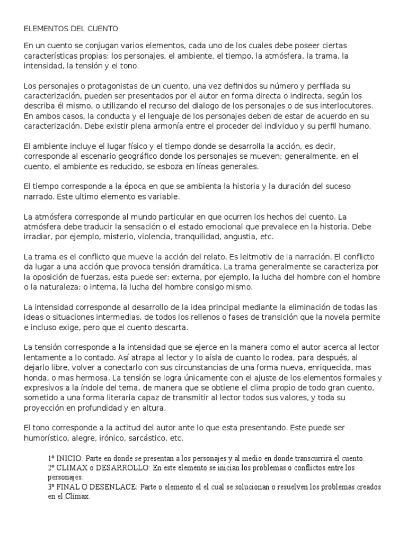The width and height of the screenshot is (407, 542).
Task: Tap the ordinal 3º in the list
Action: [51, 487]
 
